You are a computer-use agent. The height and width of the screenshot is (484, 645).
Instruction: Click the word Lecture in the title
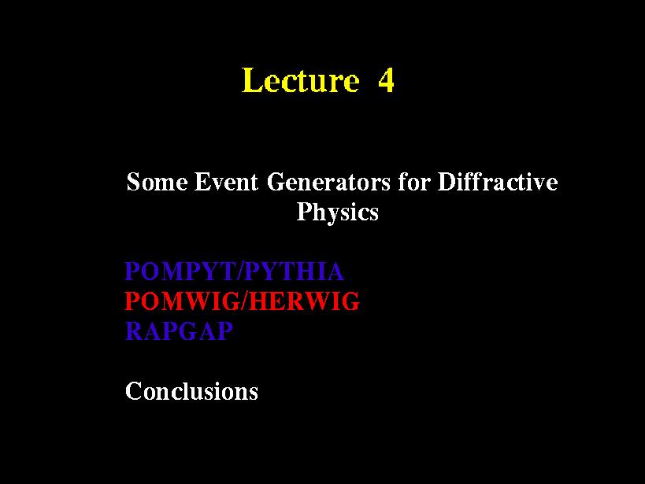click(301, 79)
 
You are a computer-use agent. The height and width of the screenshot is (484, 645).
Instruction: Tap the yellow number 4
click(386, 79)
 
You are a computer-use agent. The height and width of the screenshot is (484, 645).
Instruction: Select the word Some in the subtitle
click(158, 182)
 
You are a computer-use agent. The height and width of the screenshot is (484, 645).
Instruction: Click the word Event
click(226, 182)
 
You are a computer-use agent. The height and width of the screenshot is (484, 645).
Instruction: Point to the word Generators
click(328, 182)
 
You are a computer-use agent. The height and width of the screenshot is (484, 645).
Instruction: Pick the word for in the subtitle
click(413, 181)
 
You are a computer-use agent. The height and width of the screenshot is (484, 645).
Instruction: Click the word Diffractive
click(498, 181)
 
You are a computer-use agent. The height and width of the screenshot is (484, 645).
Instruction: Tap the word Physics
click(337, 212)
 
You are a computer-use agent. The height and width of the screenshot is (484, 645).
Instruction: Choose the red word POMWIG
click(183, 301)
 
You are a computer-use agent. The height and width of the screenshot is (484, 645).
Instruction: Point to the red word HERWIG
click(305, 301)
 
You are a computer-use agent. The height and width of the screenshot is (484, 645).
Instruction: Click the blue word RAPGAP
click(179, 331)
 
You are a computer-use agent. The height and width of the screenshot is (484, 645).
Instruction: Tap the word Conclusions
click(191, 390)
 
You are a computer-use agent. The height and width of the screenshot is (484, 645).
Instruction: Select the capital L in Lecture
click(252, 79)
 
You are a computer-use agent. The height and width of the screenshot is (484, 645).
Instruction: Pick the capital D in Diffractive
click(447, 182)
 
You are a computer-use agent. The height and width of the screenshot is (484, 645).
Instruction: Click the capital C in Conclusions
click(134, 390)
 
